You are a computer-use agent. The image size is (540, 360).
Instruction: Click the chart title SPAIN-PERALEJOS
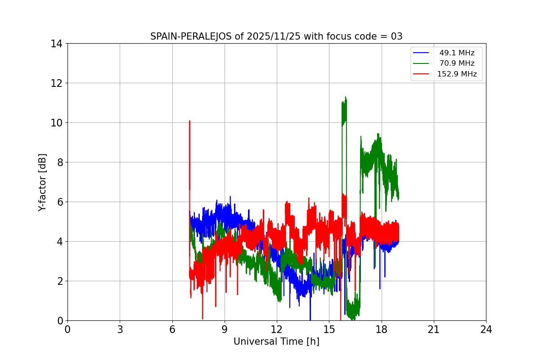191,36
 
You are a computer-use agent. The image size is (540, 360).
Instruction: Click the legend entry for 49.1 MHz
457,53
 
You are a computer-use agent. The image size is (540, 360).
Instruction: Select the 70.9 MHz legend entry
457,63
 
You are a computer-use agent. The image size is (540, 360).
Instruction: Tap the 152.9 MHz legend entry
457,74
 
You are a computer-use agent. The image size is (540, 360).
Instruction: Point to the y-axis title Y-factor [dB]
42,182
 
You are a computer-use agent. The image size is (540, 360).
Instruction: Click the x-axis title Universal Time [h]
276,342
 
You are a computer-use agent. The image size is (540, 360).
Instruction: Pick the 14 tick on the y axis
57,44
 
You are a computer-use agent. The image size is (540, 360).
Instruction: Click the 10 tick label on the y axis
57,123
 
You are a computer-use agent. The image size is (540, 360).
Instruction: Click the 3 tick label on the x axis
120,329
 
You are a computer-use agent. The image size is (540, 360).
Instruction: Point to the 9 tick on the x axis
225,329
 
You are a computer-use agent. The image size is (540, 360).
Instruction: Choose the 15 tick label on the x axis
329,329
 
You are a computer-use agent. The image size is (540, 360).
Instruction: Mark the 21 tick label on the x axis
434,329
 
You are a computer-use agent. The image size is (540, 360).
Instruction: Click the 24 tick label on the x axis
486,329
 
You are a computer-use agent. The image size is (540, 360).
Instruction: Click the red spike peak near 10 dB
189,121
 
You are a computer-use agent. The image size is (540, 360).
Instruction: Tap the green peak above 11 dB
346,97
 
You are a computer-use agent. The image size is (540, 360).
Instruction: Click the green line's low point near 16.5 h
354,319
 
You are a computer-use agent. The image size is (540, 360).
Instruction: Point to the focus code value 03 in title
396,36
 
